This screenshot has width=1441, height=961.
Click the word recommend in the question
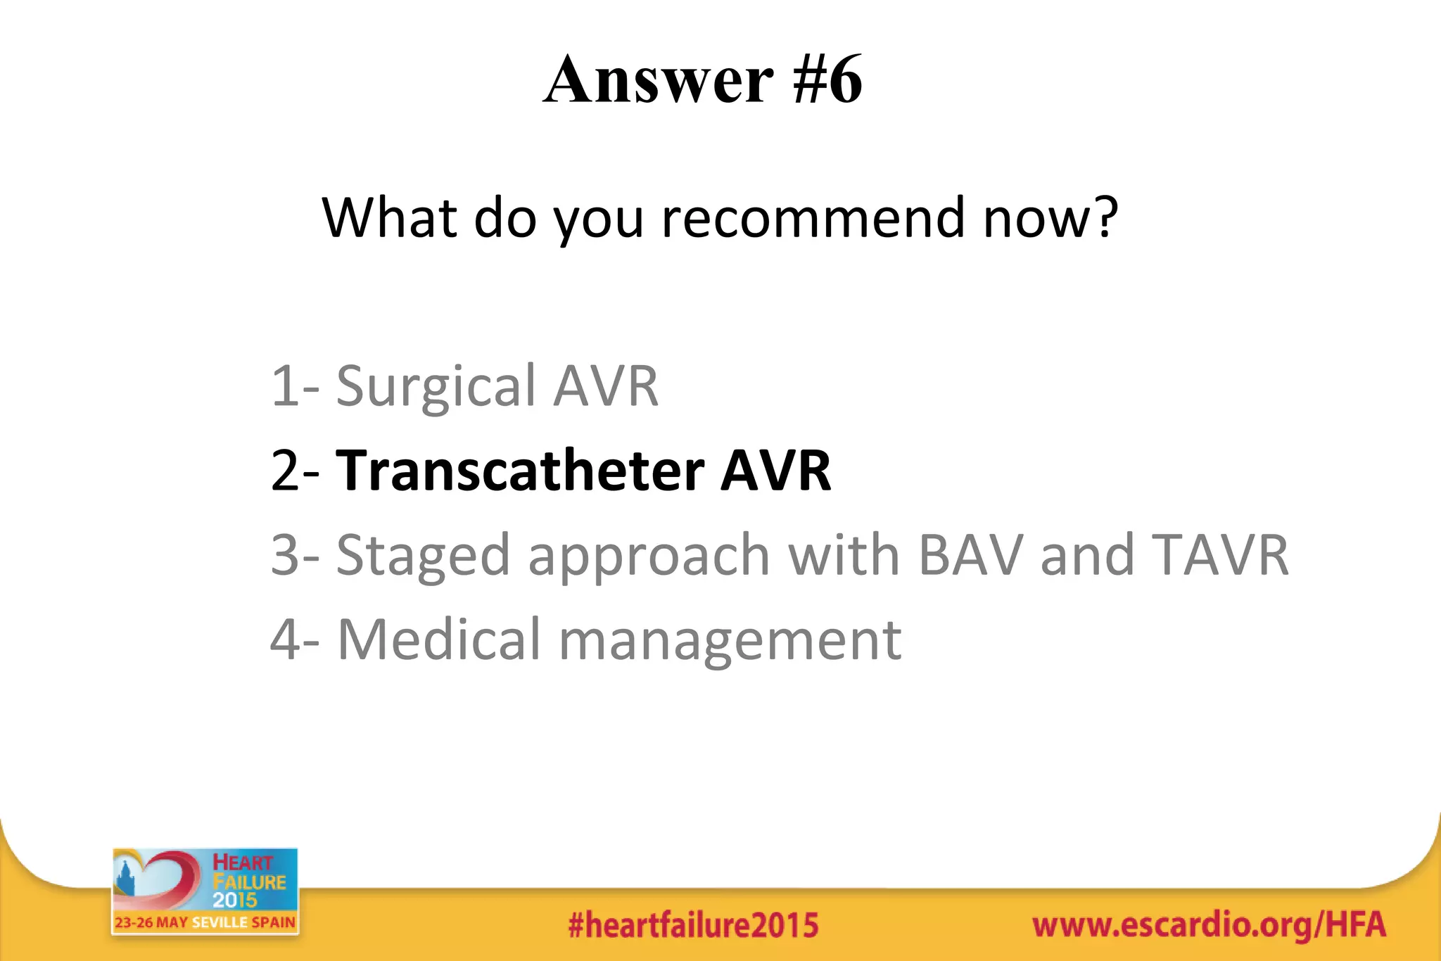(x=813, y=217)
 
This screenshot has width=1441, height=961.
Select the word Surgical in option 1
(x=436, y=386)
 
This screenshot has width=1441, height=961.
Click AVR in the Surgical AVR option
(x=605, y=386)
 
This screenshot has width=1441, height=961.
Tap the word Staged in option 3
(x=422, y=556)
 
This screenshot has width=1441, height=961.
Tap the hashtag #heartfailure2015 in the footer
(x=693, y=925)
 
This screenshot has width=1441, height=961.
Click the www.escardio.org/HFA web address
(x=1208, y=924)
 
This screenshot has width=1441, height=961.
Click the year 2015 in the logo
(x=235, y=900)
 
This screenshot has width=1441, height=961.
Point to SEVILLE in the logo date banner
(x=220, y=922)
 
